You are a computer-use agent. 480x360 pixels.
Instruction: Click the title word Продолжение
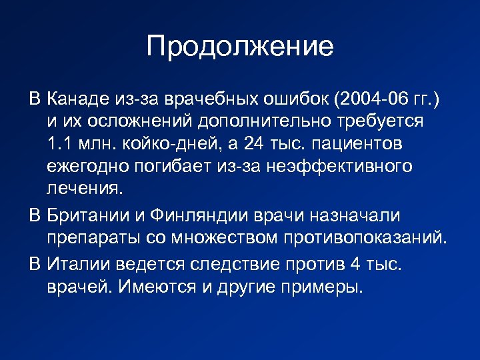coord(239,47)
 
